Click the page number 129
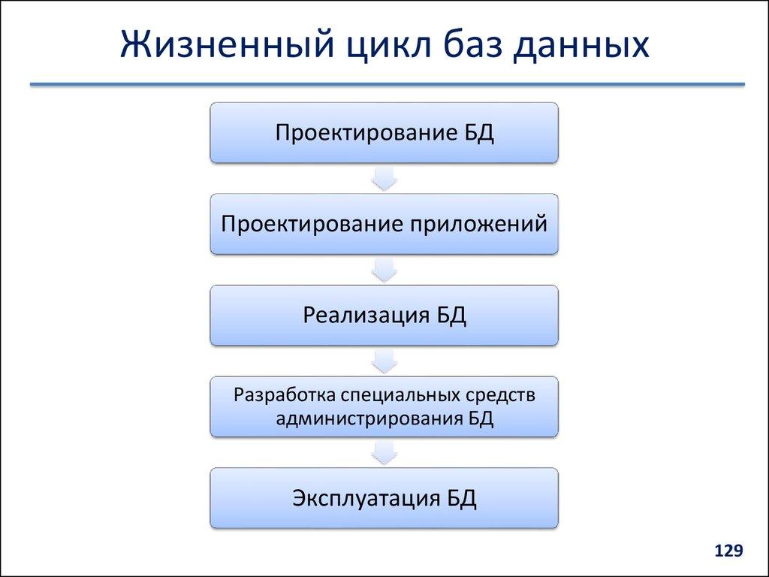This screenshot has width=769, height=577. [x=728, y=552]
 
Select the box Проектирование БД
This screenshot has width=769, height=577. [x=384, y=133]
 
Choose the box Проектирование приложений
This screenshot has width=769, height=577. [x=384, y=224]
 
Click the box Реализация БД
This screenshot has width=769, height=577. [x=384, y=315]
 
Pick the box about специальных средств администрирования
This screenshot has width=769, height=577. [x=384, y=406]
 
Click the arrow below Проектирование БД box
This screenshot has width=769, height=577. [x=384, y=178]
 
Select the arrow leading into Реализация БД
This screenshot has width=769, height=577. [x=384, y=269]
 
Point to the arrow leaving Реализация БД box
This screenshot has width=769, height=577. [x=384, y=361]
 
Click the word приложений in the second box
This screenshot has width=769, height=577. [x=478, y=225]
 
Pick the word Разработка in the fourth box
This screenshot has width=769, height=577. [x=284, y=395]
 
